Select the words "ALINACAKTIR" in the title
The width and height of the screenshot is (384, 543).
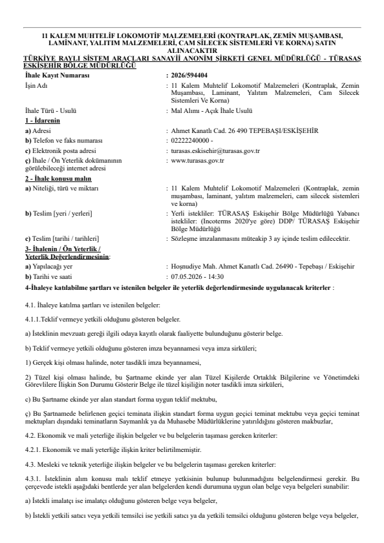click(192, 48)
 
